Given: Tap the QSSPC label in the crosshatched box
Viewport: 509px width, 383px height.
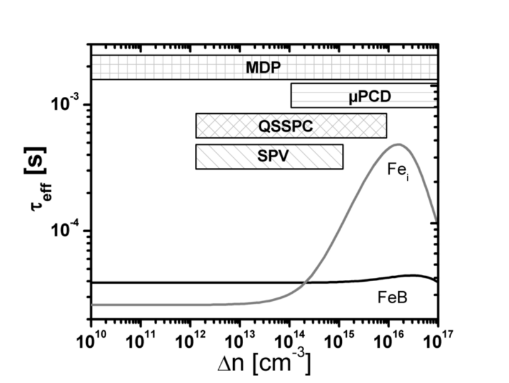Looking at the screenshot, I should tap(285, 126).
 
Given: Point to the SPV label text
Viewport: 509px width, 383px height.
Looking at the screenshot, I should tap(270, 157).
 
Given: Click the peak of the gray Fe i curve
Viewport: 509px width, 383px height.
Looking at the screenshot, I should tap(398, 145).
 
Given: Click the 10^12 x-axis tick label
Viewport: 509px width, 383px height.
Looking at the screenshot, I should tap(190, 342).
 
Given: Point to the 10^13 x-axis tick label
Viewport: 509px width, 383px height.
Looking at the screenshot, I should tap(239, 342).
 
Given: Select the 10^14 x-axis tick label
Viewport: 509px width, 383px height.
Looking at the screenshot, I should tap(289, 342).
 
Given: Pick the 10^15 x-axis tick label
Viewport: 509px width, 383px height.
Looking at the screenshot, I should tap(339, 342).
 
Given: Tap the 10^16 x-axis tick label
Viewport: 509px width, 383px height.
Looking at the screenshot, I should tap(388, 342).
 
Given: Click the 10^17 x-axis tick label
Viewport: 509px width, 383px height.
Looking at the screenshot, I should tap(436, 342).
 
